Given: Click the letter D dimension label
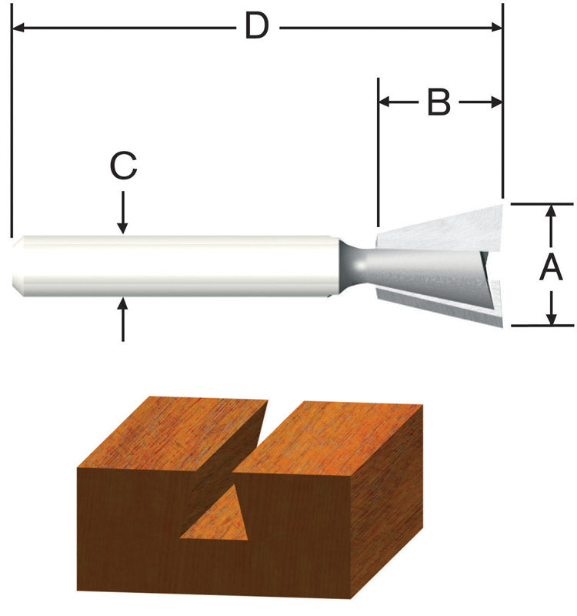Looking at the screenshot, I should (256, 28).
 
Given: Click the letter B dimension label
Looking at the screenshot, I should (439, 102).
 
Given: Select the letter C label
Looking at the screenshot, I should (122, 166).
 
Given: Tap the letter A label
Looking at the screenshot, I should (551, 268).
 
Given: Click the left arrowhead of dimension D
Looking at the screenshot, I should (19, 28).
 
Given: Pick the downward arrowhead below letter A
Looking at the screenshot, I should (551, 317).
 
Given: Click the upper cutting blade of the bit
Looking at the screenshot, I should (446, 227).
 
